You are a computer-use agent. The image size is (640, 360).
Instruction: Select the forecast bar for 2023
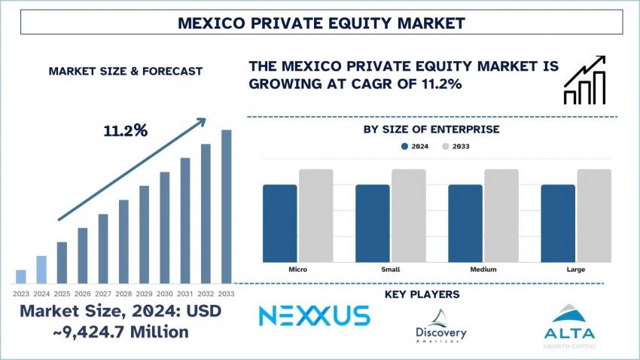click(20, 276)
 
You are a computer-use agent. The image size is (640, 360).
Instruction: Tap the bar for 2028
click(123, 241)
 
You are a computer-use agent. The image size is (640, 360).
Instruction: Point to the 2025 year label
click(62, 293)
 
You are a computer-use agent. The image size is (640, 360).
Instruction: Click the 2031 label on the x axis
click(185, 293)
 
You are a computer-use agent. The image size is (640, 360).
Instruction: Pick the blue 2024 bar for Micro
click(279, 223)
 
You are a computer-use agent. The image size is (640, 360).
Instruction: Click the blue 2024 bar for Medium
click(465, 223)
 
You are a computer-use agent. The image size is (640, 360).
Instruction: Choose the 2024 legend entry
click(415, 146)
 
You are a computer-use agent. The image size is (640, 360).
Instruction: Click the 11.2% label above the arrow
click(126, 130)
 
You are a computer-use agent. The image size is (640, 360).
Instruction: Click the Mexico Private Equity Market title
click(320, 23)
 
